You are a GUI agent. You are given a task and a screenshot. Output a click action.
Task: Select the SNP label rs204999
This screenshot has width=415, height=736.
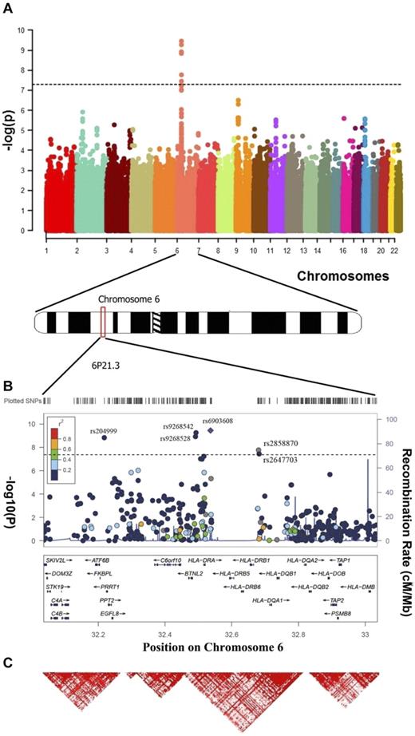tap(105, 429)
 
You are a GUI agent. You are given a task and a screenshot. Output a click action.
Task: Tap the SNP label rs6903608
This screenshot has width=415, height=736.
tap(217, 420)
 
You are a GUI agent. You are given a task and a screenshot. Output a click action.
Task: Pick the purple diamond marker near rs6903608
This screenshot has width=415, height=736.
tap(210, 430)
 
